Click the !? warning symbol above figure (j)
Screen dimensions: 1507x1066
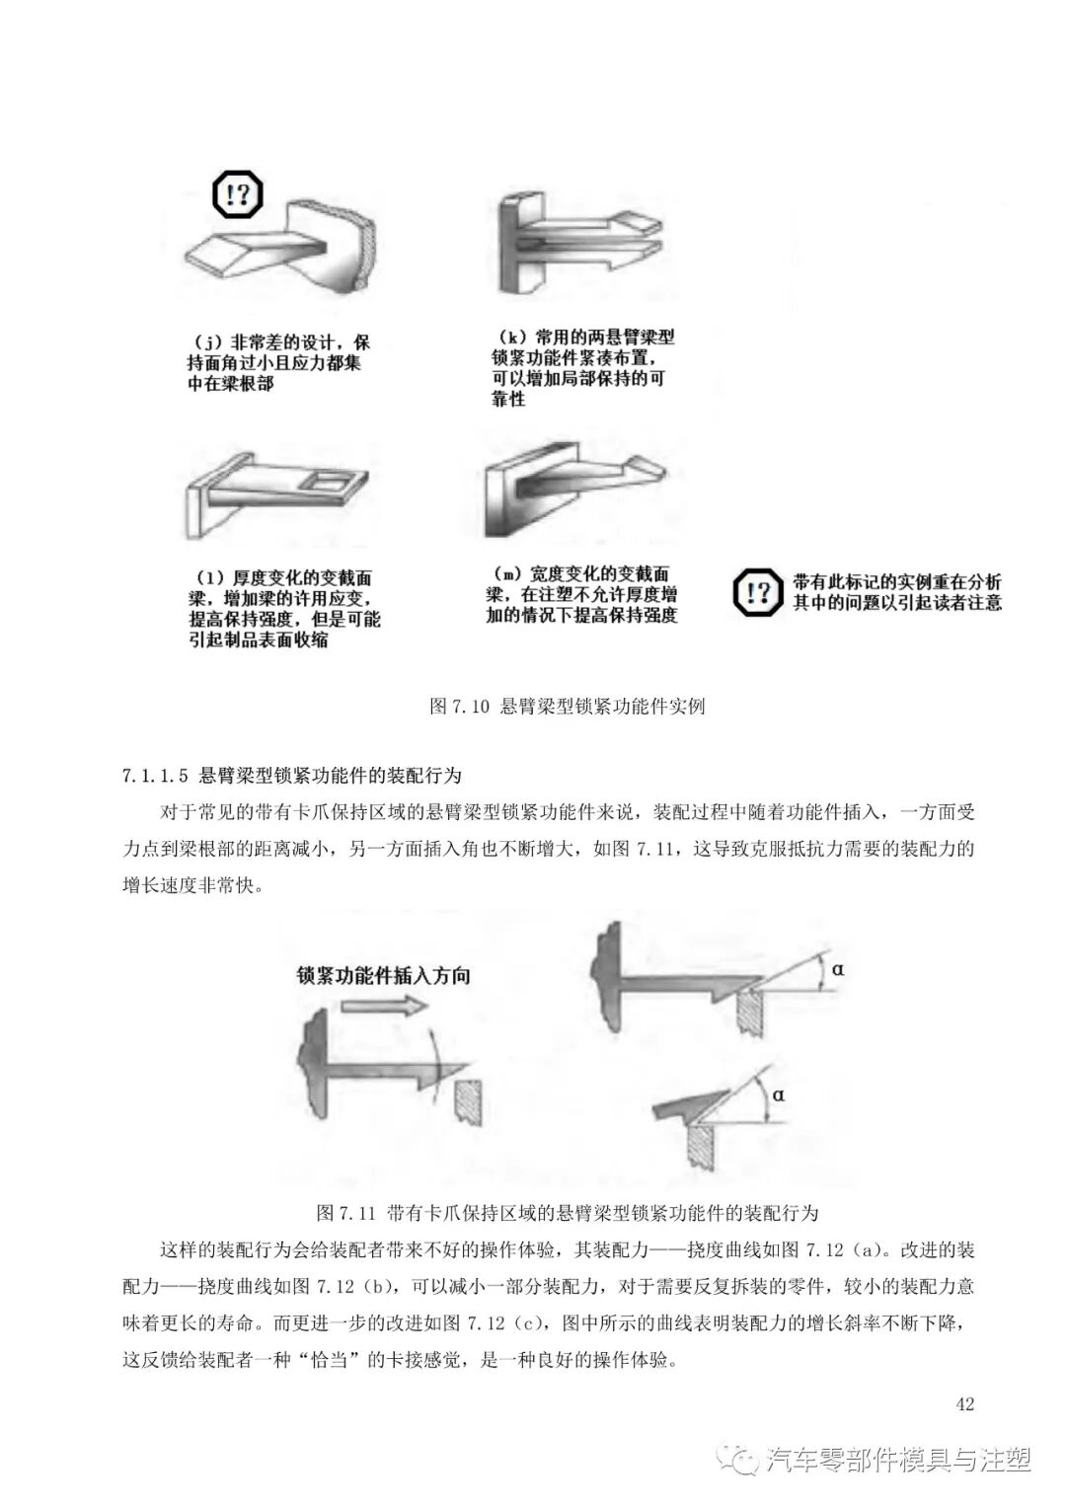238,194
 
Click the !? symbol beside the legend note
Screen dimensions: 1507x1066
758,592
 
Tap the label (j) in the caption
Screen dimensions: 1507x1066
207,342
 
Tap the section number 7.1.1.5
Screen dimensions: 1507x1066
155,775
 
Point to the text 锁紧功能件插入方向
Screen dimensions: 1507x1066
384,975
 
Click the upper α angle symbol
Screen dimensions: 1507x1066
837,969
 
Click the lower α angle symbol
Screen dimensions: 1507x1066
778,1094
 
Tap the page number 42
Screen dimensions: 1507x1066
965,1403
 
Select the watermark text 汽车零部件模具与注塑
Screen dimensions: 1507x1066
898,1459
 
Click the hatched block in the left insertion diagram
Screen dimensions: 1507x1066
469,1098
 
